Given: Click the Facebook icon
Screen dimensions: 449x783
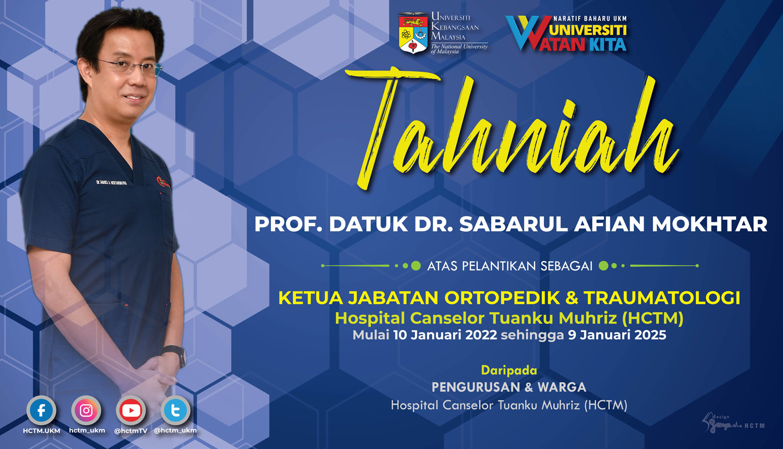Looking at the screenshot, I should [x=41, y=410].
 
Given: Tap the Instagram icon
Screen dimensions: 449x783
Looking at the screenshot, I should [x=87, y=410].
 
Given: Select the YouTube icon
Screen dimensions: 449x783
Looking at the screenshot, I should [x=131, y=410].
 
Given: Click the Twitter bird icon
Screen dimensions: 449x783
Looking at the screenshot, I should [x=175, y=410].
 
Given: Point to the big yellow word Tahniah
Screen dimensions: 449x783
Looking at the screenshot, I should [x=517, y=131].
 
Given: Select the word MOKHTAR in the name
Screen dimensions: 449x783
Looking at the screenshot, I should [x=709, y=224].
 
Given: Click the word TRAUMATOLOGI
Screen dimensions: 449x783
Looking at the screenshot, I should [x=662, y=298].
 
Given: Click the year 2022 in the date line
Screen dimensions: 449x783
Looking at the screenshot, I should [x=481, y=335].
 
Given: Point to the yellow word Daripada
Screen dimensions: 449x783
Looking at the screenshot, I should [x=509, y=370].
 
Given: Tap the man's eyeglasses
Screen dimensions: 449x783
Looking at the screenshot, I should [x=130, y=66].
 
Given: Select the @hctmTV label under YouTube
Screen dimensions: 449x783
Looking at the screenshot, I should [x=131, y=431].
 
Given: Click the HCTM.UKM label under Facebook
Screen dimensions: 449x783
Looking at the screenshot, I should [x=41, y=431].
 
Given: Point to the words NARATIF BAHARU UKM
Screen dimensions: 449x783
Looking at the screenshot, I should [x=590, y=18].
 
